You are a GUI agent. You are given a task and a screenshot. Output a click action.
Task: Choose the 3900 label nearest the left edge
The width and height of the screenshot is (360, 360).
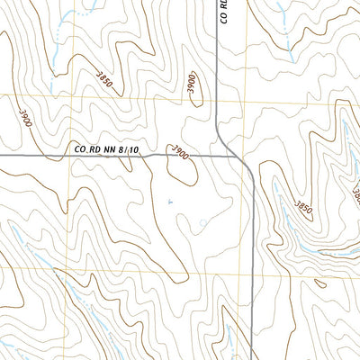point(23,116)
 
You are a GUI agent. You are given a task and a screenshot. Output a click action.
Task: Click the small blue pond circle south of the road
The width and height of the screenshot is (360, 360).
point(202,222)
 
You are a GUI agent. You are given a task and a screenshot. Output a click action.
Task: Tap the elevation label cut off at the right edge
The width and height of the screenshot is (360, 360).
point(355,193)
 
